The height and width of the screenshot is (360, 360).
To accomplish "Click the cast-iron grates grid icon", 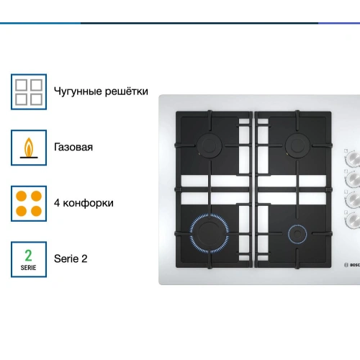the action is (29, 92).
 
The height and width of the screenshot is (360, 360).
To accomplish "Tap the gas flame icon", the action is (29, 148).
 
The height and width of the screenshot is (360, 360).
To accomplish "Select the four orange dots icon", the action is (29, 204).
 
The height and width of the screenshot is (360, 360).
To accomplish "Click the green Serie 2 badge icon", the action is (29, 259).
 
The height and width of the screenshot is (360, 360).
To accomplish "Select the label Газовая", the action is (73, 147).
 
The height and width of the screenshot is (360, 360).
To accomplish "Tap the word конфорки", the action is (88, 203).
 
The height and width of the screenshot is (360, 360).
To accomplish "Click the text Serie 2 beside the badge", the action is (71, 258).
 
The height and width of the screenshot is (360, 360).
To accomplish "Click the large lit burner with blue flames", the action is (210, 233).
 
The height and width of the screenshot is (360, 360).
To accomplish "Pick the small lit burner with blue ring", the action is (297, 234).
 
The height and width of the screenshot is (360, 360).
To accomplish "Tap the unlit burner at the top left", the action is (210, 145).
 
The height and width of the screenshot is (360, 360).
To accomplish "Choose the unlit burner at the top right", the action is (297, 145).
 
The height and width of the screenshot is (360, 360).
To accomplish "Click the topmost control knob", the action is (354, 158).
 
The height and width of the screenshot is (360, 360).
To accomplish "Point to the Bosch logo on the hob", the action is (352, 265).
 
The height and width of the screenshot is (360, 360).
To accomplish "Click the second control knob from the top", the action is (354, 179).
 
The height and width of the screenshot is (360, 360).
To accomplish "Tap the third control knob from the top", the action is (354, 199).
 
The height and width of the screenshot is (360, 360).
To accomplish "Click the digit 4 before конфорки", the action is (57, 203).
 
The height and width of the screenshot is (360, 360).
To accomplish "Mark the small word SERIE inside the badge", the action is (28, 268).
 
